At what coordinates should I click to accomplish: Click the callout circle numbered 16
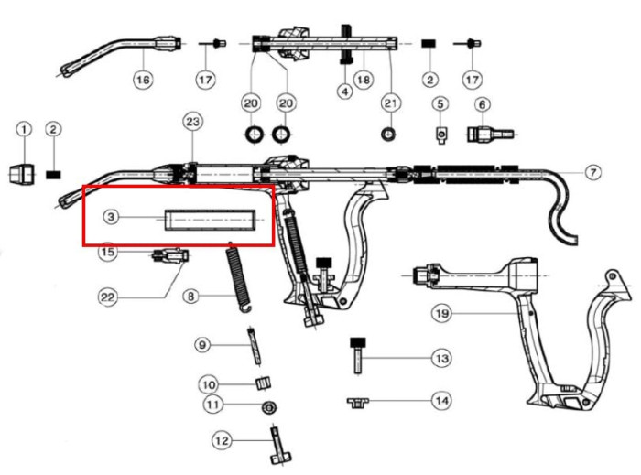pos(143,81)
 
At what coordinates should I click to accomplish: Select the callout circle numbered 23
pos(191,122)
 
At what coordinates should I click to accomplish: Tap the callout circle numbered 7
pos(592,172)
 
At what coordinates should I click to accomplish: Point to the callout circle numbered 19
pos(441,314)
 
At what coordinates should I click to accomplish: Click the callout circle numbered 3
pos(110,217)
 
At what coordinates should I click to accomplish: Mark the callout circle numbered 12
pos(220,441)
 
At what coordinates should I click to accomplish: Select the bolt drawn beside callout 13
pos(358,352)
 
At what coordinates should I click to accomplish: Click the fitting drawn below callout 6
pos(483,135)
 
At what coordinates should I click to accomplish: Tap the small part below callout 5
pos(440,135)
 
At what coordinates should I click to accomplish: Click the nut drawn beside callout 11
pos(267,405)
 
